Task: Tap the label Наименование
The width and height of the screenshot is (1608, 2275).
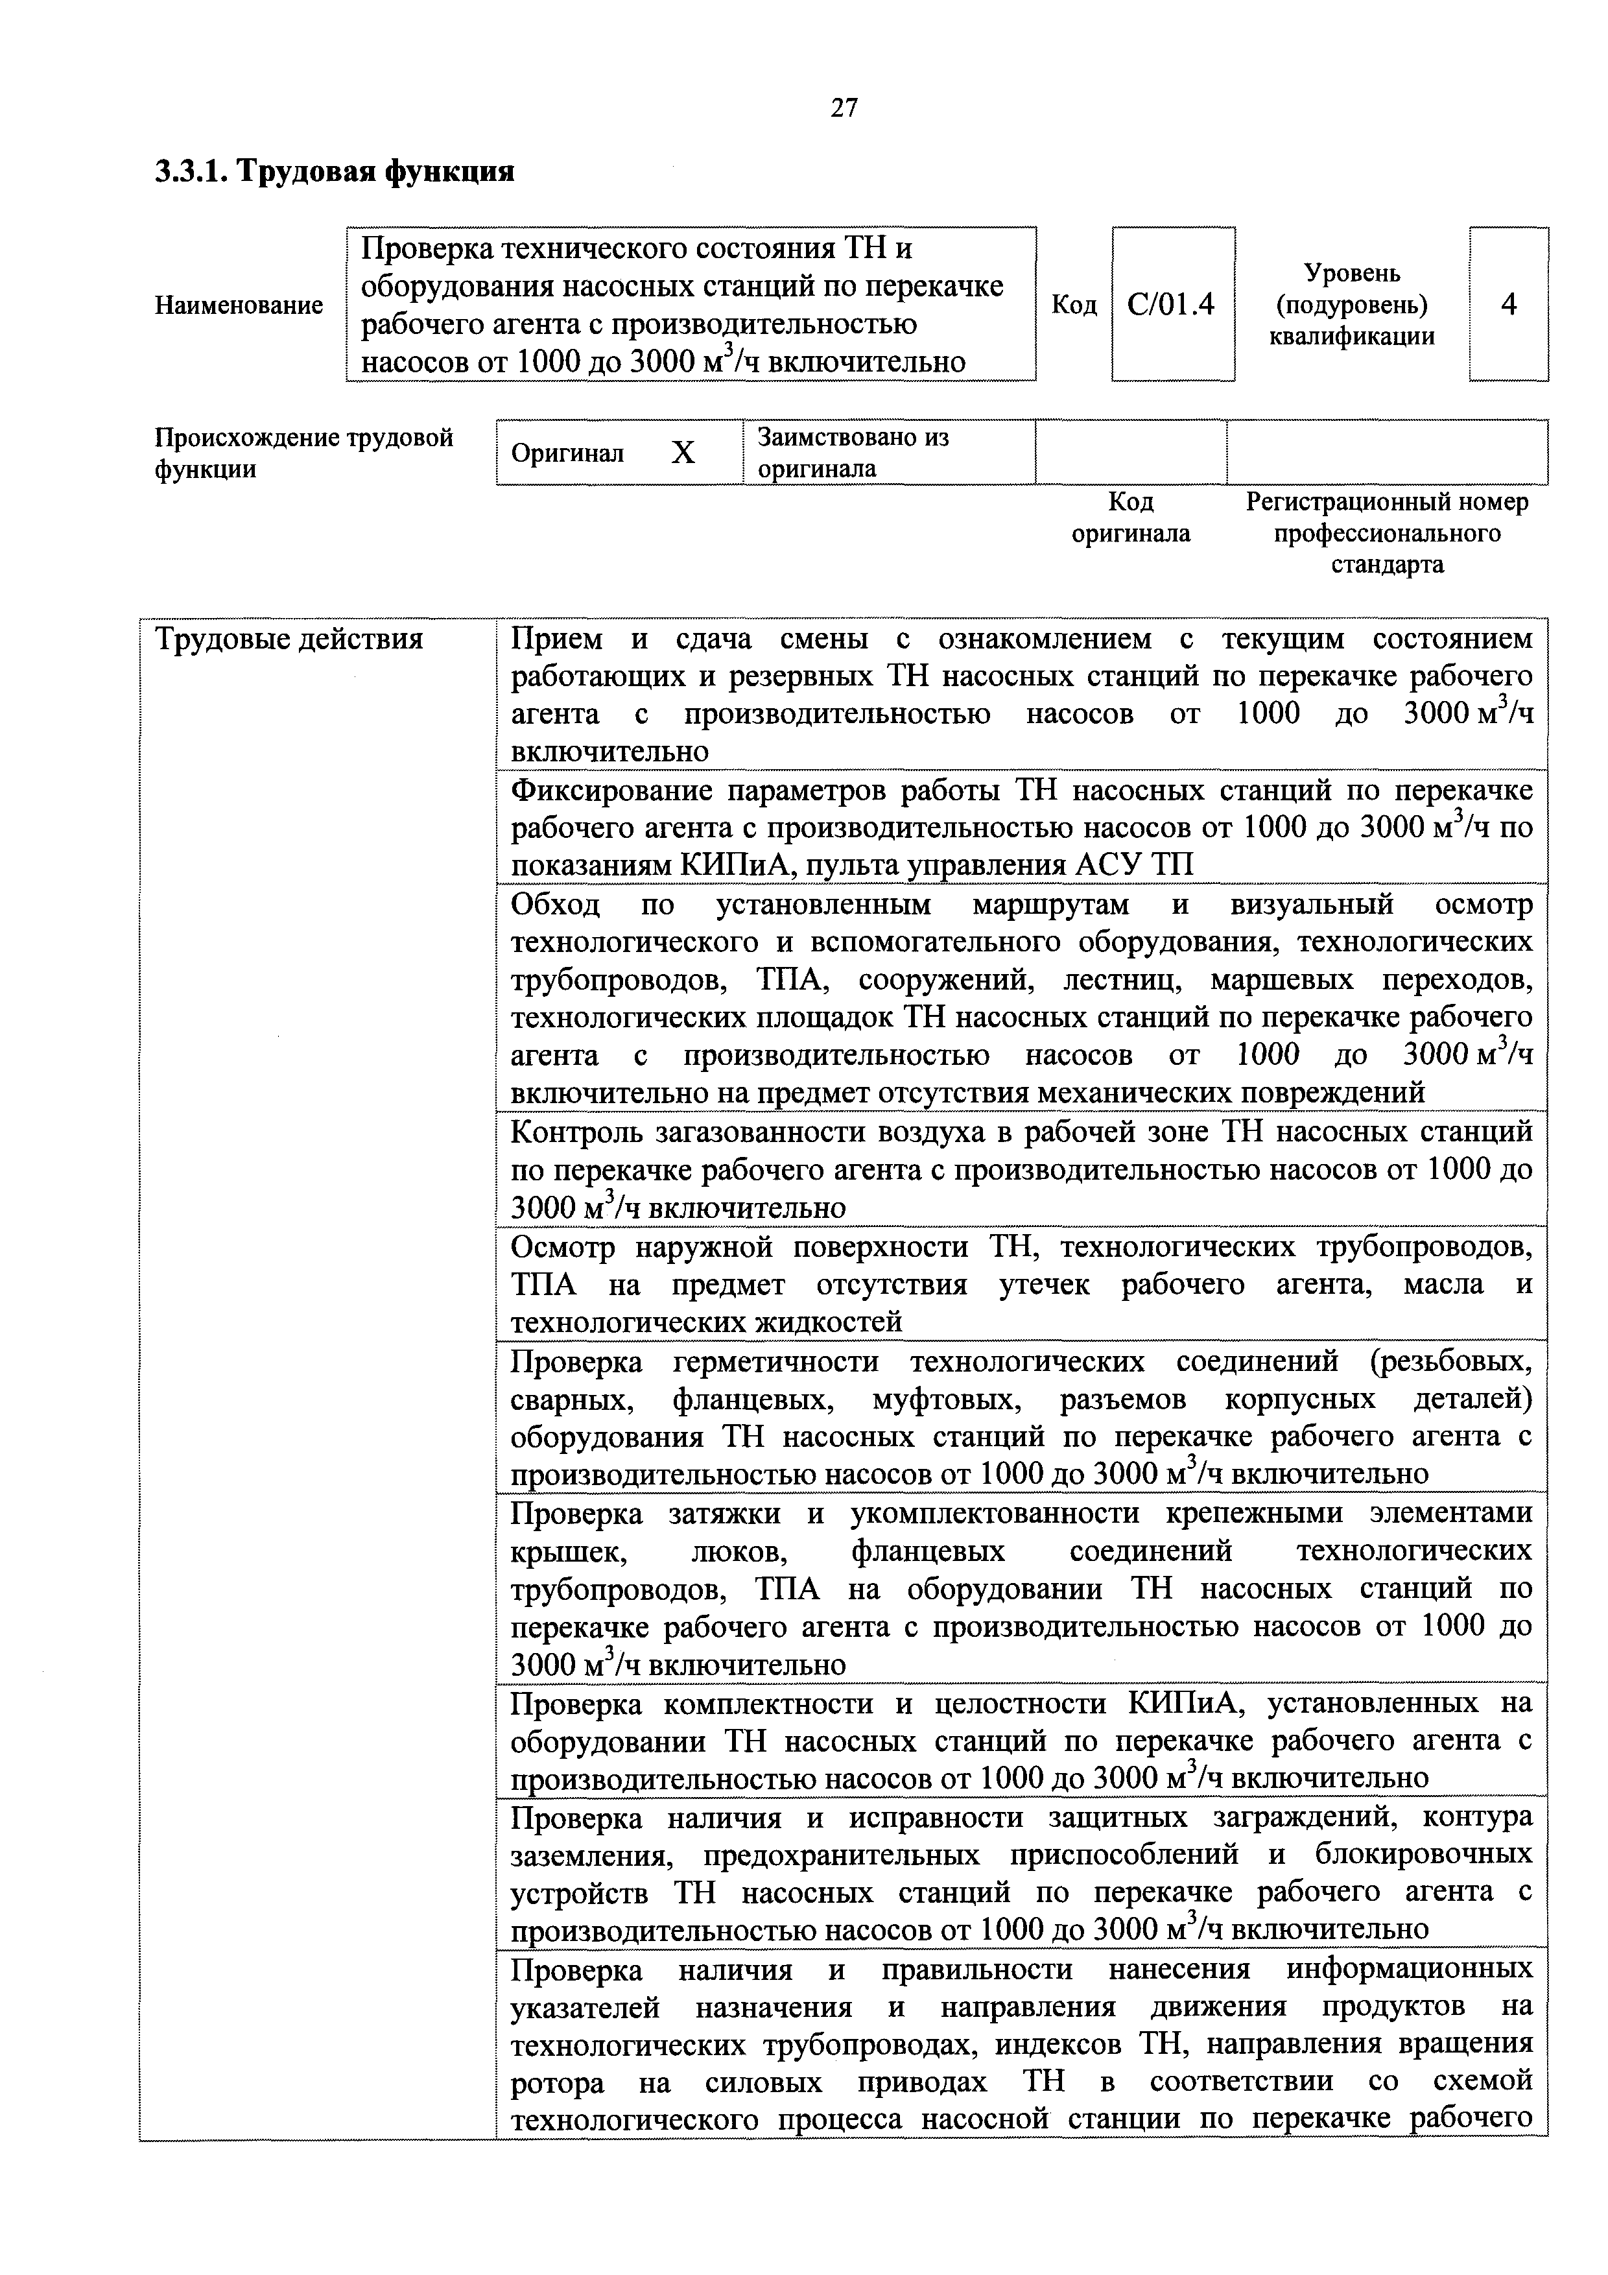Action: pos(239,305)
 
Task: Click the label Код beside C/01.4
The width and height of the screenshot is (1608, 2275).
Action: pos(1074,305)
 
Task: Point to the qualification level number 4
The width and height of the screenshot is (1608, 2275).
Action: pos(1508,304)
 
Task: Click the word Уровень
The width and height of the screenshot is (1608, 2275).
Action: pos(1351,272)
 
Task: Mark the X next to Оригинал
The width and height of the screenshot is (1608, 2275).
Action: pos(683,453)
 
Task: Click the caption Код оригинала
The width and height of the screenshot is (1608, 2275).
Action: pos(1130,518)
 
